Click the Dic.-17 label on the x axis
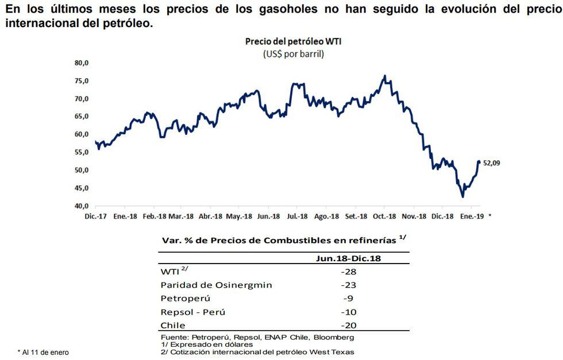coord(95,216)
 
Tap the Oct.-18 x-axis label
coord(384,216)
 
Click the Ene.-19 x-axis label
coord(473,216)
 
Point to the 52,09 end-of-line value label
coord(492,163)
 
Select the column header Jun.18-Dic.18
coord(349,258)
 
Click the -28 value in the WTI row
coord(349,271)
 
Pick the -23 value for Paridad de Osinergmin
coord(349,285)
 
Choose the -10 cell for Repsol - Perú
coord(349,312)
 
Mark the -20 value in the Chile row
coord(349,326)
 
